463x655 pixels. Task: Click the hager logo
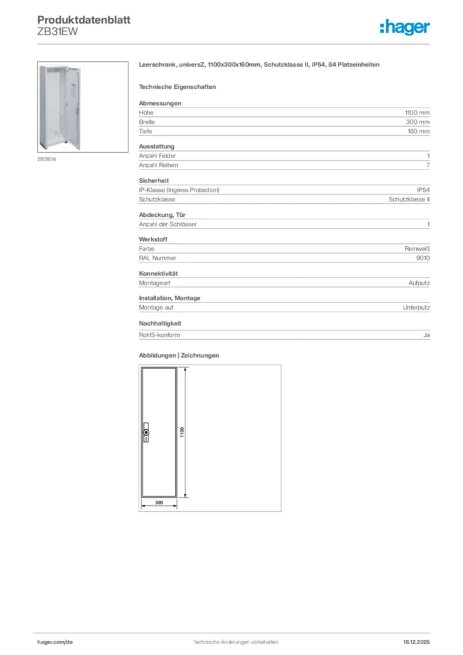(x=404, y=27)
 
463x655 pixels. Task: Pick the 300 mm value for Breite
(x=418, y=122)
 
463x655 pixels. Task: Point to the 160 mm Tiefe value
(x=418, y=131)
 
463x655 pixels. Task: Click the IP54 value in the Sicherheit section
(x=423, y=190)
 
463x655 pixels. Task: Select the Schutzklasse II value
(x=409, y=200)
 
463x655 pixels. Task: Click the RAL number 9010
(x=422, y=258)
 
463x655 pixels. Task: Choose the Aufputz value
(x=419, y=283)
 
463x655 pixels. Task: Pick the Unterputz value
(x=416, y=308)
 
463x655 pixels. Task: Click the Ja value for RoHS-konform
(x=426, y=335)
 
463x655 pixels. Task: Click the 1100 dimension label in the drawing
(x=182, y=432)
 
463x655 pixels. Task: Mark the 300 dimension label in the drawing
(x=159, y=503)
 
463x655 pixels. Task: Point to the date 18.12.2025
(x=416, y=642)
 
